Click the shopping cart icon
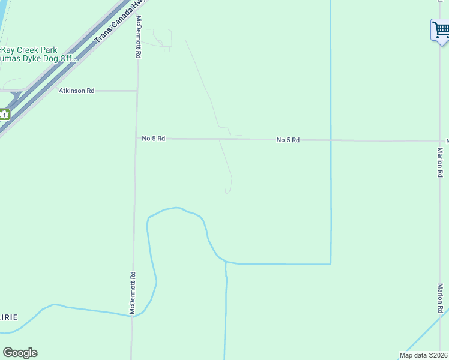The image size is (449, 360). (x=441, y=29)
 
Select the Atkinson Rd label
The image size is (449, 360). (x=76, y=91)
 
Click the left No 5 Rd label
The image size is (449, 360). (x=153, y=139)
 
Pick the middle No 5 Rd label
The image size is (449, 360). (x=288, y=140)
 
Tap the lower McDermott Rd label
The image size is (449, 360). (x=133, y=292)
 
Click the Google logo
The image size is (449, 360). (x=20, y=353)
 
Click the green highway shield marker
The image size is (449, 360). (x=4, y=114)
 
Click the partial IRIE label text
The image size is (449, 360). (x=9, y=317)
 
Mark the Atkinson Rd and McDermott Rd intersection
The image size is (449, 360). (x=137, y=91)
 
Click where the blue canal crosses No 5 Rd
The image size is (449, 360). (x=331, y=140)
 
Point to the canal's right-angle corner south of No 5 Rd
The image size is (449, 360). (x=330, y=263)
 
